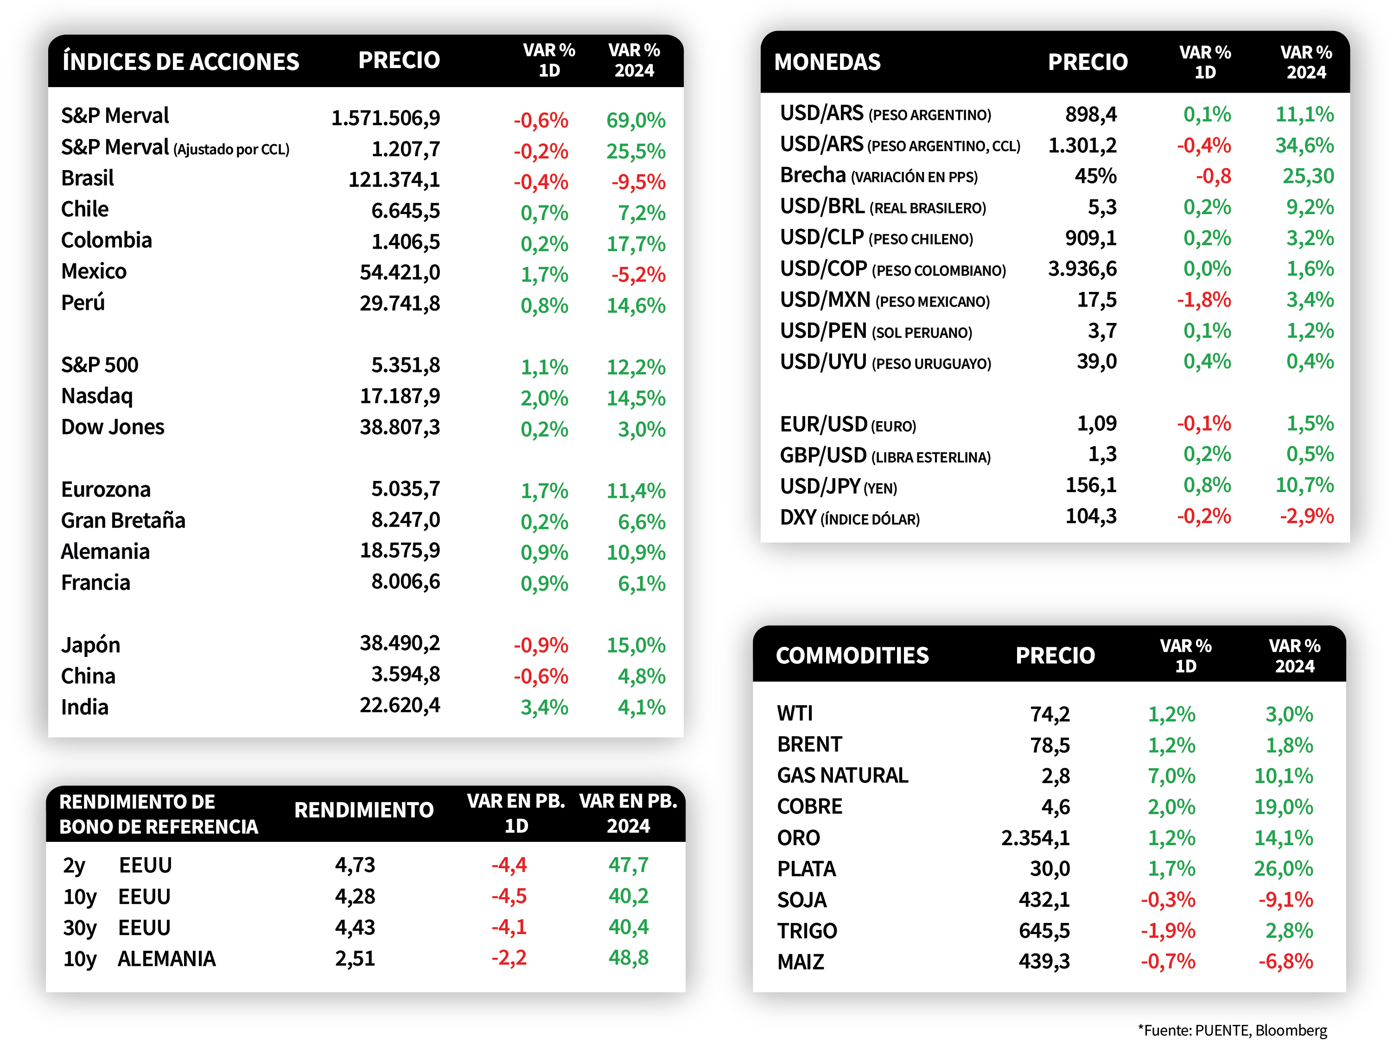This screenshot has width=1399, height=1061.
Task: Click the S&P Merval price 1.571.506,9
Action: click(x=386, y=118)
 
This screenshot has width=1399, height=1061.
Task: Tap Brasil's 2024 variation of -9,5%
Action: click(x=638, y=182)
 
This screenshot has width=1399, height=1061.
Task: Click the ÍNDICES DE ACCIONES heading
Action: click(x=181, y=61)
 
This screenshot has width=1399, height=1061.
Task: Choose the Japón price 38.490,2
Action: click(x=400, y=644)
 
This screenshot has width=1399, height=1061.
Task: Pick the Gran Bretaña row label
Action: click(x=123, y=520)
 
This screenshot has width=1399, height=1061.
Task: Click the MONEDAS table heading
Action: click(x=827, y=62)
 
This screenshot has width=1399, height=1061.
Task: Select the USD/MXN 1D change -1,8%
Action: click(x=1203, y=300)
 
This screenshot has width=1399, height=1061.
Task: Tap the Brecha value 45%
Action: click(x=1095, y=176)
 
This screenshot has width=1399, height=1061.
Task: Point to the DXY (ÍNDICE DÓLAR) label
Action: click(x=849, y=518)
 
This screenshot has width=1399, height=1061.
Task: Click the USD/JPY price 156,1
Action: click(x=1091, y=486)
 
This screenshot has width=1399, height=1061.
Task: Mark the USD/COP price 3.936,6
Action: click(x=1082, y=269)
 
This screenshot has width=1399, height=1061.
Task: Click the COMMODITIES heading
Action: click(x=852, y=656)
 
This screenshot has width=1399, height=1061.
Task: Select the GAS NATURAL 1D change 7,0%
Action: click(x=1171, y=776)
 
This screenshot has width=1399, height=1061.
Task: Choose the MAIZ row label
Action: click(x=801, y=962)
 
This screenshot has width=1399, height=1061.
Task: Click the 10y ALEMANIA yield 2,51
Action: click(x=355, y=959)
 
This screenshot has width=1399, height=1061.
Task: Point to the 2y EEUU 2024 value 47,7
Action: click(x=628, y=865)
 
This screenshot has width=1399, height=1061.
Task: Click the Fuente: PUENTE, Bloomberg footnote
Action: click(x=1232, y=1030)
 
